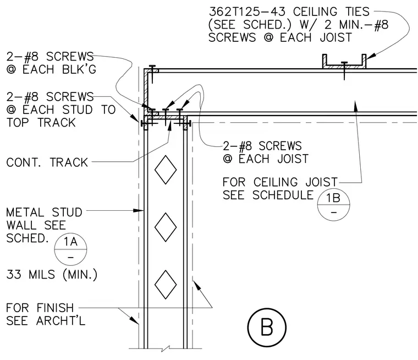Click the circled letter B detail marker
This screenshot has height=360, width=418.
(267, 328)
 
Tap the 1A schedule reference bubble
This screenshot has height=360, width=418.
(70, 249)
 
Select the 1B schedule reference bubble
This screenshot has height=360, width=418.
(333, 204)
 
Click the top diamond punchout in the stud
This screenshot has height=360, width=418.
(166, 170)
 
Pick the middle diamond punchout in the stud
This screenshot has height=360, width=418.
(166, 227)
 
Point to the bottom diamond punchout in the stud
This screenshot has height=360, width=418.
(166, 285)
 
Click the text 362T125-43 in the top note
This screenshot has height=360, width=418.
(247, 12)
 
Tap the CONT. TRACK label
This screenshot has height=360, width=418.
(47, 162)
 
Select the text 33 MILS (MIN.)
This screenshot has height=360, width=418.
(52, 274)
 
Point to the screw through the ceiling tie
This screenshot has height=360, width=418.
(344, 70)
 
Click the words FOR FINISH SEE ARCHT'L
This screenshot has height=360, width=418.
(46, 314)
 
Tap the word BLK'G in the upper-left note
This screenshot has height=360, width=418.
(79, 69)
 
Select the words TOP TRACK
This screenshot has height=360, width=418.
(41, 123)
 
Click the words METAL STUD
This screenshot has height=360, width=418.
(44, 212)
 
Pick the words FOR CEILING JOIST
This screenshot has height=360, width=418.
(280, 182)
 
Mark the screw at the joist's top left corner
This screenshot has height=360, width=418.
(152, 74)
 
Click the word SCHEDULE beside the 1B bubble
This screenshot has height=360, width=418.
(283, 195)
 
